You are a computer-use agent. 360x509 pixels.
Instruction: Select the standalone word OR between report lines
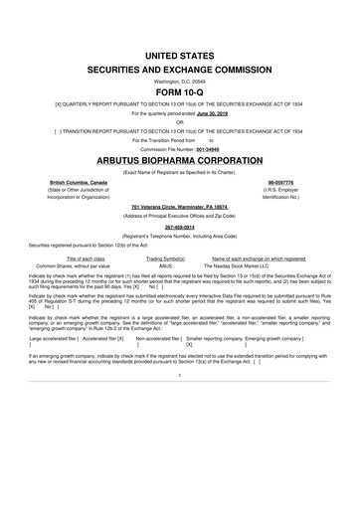tap(179, 123)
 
